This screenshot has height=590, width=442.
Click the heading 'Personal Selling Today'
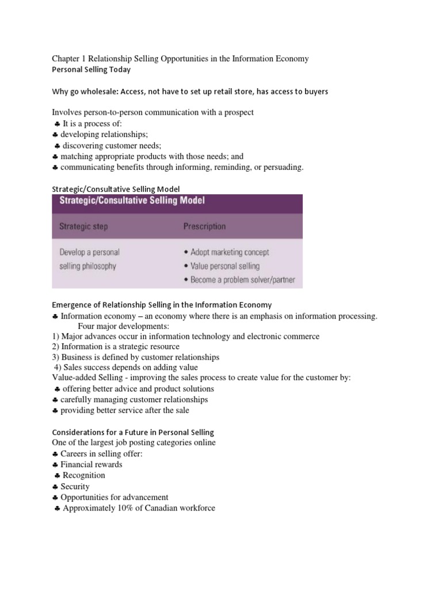pos(91,70)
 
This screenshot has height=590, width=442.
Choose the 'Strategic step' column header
pos(84,226)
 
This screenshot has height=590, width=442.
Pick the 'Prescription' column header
pos(204,226)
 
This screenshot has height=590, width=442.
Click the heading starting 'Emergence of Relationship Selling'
pos(162,304)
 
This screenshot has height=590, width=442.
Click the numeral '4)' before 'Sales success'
pos(59,367)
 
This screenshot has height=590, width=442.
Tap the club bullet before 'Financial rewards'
pos(55,465)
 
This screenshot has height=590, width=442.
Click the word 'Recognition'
pos(84,475)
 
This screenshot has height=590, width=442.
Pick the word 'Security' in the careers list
pos(75,486)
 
